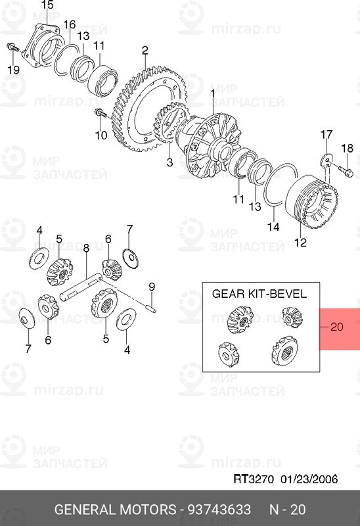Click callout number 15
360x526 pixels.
(x=47, y=5)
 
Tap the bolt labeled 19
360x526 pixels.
(x=12, y=47)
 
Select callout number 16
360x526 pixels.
(x=70, y=24)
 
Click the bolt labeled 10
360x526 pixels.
(x=101, y=113)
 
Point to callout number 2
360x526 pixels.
(x=145, y=51)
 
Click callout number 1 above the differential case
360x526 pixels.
(x=212, y=94)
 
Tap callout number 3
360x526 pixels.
(x=169, y=162)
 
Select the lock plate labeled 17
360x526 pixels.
(x=326, y=160)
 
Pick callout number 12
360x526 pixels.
(x=300, y=242)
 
